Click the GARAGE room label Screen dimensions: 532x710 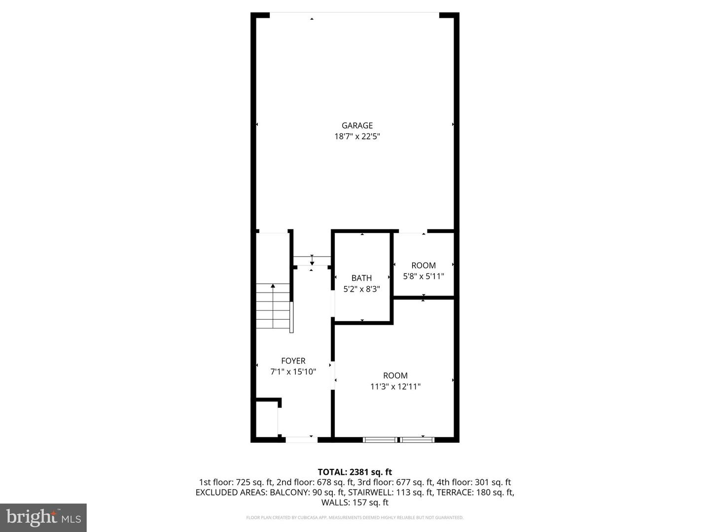pyautogui.click(x=357, y=126)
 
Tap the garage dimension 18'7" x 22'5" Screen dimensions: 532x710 pyautogui.click(x=357, y=136)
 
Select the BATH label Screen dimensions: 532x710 pyautogui.click(x=361, y=278)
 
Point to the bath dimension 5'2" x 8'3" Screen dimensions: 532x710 pyautogui.click(x=361, y=289)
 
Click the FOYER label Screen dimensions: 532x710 pyautogui.click(x=293, y=361)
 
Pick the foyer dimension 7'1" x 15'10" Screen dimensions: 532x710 pyautogui.click(x=293, y=372)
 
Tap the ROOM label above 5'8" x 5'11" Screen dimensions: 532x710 pyautogui.click(x=424, y=266)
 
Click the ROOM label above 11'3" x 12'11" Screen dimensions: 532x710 pyautogui.click(x=395, y=376)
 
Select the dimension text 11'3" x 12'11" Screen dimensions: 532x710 pyautogui.click(x=395, y=387)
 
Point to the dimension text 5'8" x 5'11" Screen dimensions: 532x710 pyautogui.click(x=424, y=276)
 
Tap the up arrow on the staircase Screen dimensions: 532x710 pyautogui.click(x=273, y=286)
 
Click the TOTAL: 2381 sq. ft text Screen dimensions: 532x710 pyautogui.click(x=355, y=472)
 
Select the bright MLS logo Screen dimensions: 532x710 pyautogui.click(x=43, y=517)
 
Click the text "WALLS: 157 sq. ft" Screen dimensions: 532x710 pyautogui.click(x=355, y=502)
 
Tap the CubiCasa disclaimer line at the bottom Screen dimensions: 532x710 pyautogui.click(x=355, y=518)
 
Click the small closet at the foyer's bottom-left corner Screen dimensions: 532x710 pyautogui.click(x=267, y=419)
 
